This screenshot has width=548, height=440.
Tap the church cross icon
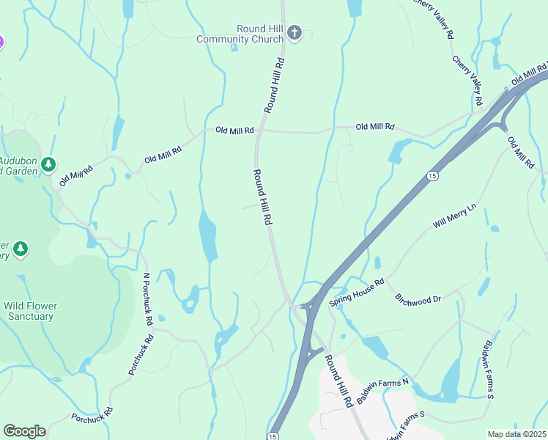click(294, 33)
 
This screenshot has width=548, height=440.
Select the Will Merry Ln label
click(454, 217)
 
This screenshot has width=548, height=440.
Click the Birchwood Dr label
click(418, 299)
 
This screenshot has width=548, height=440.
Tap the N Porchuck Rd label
click(147, 298)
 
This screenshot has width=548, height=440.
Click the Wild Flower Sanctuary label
click(30, 311)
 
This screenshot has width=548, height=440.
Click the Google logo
click(24, 431)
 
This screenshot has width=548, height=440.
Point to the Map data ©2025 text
click(516, 434)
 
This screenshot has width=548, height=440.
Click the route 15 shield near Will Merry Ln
click(432, 177)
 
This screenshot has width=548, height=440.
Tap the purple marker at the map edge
click(1, 43)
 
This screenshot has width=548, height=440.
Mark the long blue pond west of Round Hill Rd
click(207, 237)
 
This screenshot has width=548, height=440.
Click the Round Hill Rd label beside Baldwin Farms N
click(339, 381)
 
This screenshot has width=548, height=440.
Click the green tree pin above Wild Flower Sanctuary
click(21, 249)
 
